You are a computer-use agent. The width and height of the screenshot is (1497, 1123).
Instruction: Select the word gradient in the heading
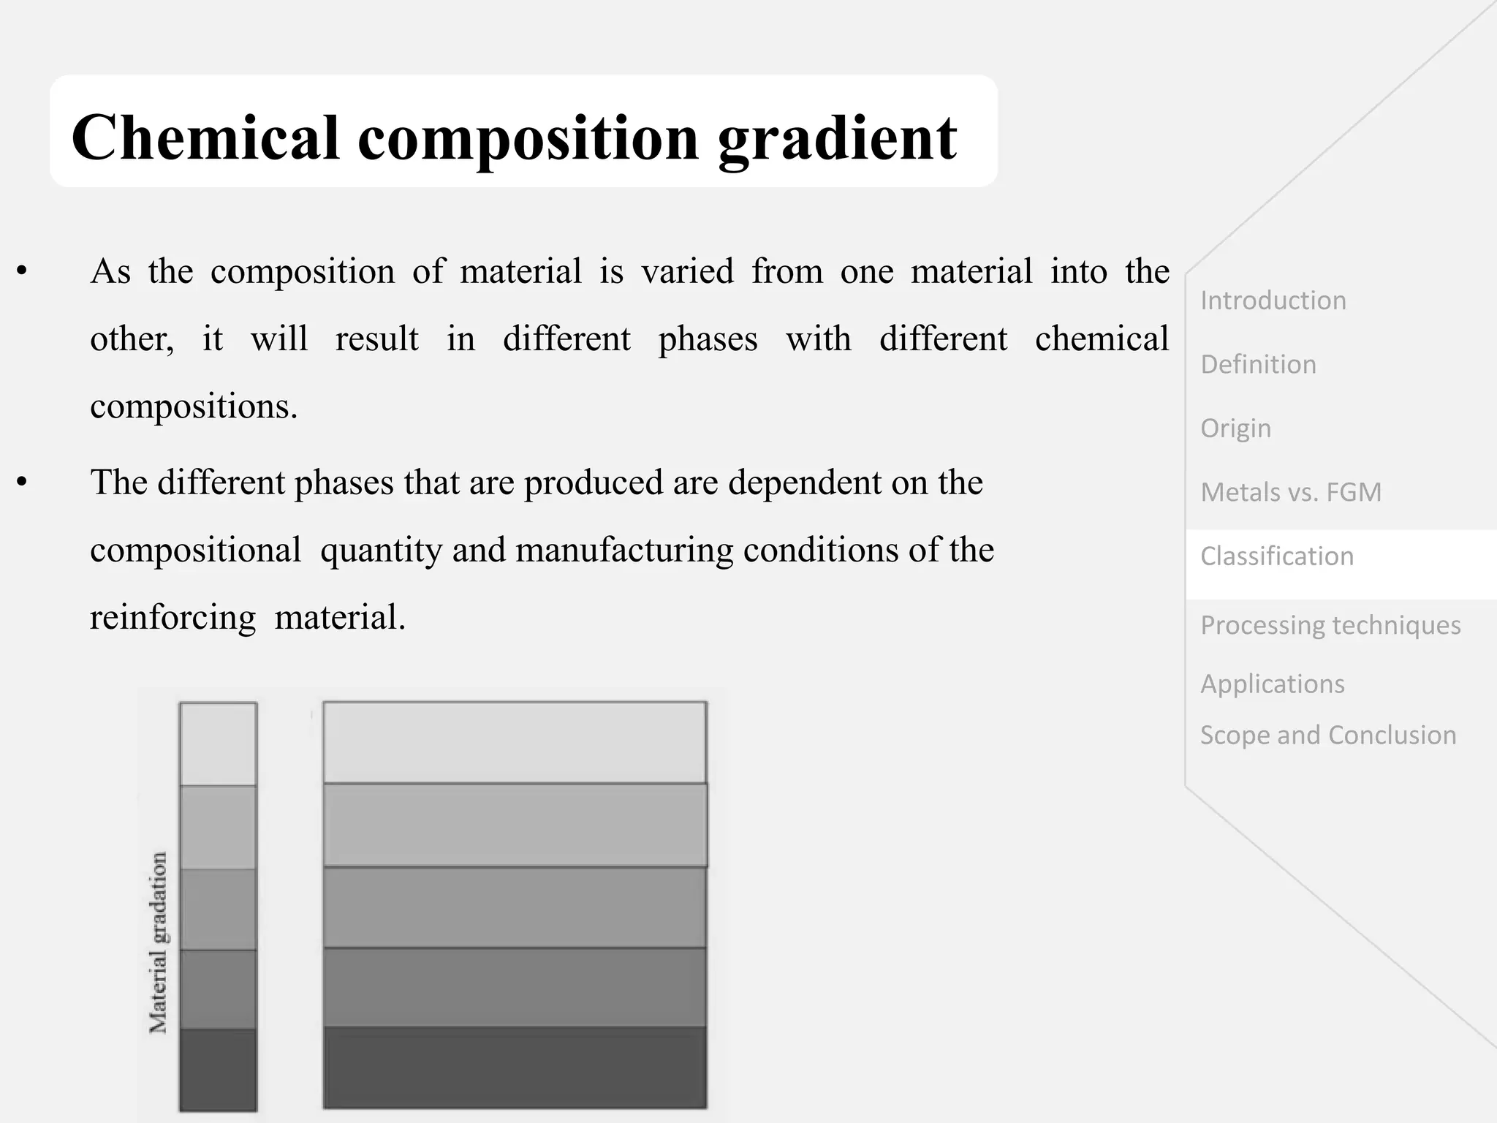838,139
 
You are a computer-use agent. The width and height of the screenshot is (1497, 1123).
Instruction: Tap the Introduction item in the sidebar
1273,300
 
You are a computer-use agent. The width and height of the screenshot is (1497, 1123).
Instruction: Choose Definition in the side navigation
1258,364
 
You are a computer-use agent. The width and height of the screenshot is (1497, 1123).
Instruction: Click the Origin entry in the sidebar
1235,428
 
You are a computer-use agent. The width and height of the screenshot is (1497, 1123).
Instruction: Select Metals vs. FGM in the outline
1291,492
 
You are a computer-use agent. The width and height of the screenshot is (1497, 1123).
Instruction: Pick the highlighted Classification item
1277,556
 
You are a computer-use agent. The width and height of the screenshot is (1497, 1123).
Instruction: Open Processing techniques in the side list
1330,625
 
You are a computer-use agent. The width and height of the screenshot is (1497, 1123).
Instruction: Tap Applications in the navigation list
1272,684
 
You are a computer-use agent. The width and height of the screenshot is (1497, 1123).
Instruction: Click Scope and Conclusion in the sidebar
1328,735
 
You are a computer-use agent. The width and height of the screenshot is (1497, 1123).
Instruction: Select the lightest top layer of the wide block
515,743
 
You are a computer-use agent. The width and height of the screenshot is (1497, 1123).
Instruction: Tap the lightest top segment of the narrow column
218,744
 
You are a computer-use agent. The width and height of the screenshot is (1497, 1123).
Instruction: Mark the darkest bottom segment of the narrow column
218,1070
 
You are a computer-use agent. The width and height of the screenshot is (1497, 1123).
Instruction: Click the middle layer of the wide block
515,907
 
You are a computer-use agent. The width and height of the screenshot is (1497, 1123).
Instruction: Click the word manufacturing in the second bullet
624,550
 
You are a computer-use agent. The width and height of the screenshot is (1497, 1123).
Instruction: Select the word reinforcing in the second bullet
173,617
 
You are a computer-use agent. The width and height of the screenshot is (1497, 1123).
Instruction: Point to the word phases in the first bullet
708,339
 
